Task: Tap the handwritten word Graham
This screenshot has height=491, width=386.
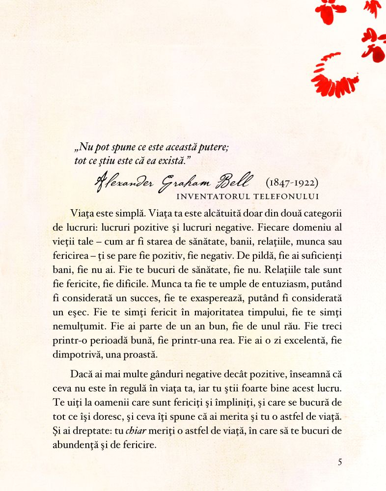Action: (x=186, y=182)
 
